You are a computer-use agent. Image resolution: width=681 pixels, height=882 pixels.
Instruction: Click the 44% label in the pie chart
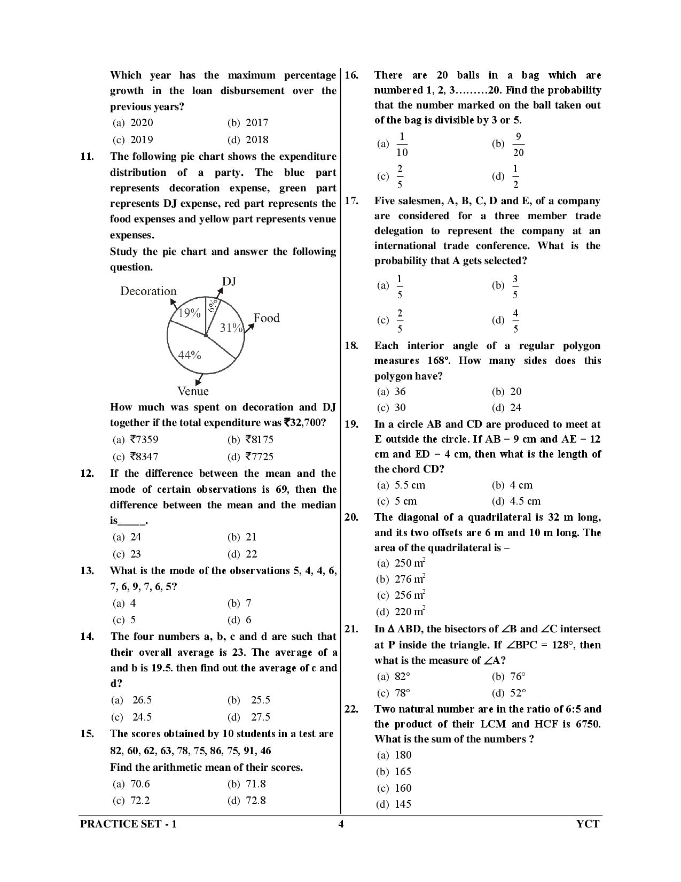tap(189, 355)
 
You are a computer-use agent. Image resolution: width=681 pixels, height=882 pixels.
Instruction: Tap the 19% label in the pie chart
tap(189, 313)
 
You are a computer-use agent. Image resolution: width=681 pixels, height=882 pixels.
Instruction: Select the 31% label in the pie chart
tap(231, 328)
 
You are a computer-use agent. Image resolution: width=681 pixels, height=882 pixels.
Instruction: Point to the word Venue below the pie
tap(193, 391)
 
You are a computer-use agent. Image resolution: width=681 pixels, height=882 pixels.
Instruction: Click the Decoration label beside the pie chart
tap(148, 291)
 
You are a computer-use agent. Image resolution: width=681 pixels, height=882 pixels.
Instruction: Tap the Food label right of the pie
tap(266, 318)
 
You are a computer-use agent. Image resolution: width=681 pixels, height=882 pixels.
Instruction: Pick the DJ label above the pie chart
tap(229, 281)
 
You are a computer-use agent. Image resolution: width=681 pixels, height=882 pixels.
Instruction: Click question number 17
tap(351, 201)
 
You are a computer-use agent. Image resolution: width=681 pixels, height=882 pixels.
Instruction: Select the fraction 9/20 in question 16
tap(518, 145)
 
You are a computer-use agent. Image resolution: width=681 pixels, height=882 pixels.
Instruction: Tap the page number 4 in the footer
tap(341, 824)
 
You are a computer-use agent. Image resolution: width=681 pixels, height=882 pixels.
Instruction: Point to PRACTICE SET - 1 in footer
tap(128, 824)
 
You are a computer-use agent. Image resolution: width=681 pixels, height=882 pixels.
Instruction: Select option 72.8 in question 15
tap(255, 800)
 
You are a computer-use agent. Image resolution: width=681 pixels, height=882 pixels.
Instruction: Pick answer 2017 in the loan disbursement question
tap(257, 122)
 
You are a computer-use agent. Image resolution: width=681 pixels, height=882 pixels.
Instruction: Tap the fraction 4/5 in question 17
tap(515, 321)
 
